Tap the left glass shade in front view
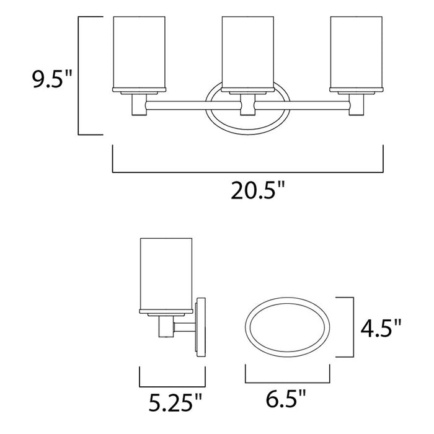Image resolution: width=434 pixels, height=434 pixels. [139, 53]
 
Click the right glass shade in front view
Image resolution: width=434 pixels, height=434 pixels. [356, 53]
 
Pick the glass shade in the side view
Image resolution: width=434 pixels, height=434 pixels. [166, 272]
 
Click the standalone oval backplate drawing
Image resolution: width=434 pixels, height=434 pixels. [288, 329]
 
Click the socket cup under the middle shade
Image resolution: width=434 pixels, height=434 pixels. [248, 104]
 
